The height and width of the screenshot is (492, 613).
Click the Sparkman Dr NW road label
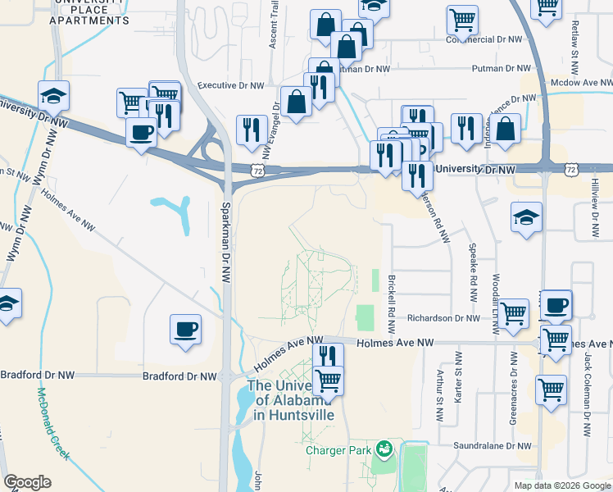[x=225, y=244]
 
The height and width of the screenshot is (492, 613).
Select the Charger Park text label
[x=339, y=450]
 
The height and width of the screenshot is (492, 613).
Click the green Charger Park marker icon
[x=382, y=449]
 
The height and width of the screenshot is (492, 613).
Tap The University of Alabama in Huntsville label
[x=292, y=400]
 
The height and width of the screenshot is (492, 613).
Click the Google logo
[x=27, y=482]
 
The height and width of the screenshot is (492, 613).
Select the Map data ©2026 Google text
[x=561, y=485]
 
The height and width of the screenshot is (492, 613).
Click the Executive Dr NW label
[x=229, y=84]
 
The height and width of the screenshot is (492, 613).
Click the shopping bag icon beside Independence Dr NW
[x=506, y=129]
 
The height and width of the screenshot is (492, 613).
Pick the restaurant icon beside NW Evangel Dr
[x=252, y=130]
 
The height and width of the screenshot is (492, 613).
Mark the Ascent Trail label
[x=275, y=25]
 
